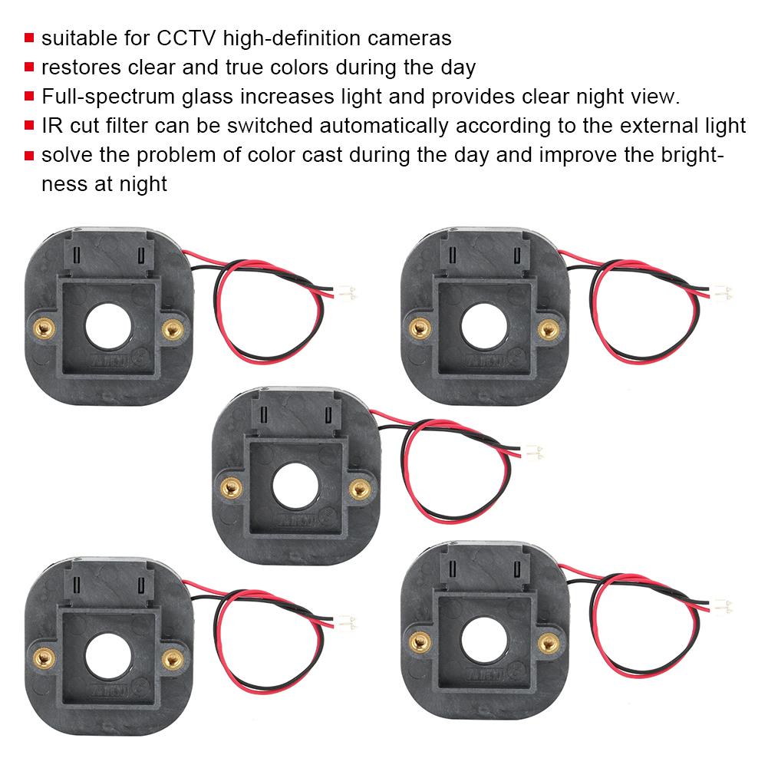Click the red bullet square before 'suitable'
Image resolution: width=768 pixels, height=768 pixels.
point(29,38)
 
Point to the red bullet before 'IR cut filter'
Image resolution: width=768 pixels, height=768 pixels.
point(29,125)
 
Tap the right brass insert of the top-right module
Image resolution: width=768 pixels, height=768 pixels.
point(546,329)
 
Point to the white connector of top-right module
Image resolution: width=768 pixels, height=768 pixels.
point(722,292)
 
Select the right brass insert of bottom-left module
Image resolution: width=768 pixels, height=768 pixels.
point(173,657)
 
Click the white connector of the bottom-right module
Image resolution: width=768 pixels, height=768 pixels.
point(722,605)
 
